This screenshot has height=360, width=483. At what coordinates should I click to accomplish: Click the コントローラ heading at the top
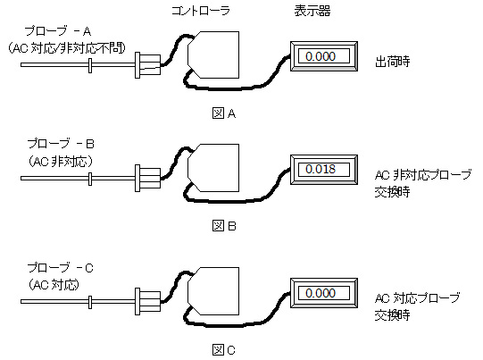(201, 11)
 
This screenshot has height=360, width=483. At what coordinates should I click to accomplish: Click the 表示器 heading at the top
(312, 11)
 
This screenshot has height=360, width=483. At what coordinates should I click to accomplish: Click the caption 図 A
(224, 113)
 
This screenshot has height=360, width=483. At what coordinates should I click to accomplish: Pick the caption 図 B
(224, 226)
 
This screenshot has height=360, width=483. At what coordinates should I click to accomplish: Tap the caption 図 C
(224, 350)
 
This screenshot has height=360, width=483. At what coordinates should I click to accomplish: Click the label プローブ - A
(58, 31)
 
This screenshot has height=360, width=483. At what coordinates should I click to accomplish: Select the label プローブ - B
(61, 144)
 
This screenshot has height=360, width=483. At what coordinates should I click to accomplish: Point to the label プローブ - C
(61, 267)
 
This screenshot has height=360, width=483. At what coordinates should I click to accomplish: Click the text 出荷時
(393, 62)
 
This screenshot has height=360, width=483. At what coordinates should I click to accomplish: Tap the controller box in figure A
(213, 54)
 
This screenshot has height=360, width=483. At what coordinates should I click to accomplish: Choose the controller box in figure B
(213, 168)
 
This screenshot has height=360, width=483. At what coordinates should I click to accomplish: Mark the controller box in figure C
(213, 291)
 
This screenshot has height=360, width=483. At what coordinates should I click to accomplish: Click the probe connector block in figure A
(148, 65)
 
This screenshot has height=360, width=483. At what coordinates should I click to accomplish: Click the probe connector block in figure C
(148, 301)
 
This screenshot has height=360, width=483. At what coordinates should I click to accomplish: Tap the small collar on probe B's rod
(90, 179)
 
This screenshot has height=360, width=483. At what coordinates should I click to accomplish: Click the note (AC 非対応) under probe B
(61, 161)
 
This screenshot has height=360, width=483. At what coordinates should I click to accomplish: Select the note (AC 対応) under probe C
(54, 284)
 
